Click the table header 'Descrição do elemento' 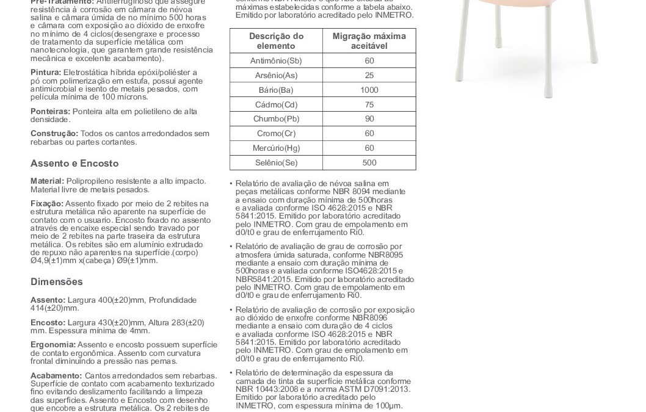point(276,41)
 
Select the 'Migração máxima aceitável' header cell point(369,41)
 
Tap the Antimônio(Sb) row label point(276,61)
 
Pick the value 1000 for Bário point(369,90)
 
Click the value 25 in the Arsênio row point(369,76)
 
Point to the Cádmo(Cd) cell point(276,104)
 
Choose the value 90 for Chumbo point(369,119)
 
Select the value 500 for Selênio point(369,162)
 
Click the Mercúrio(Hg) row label point(276,148)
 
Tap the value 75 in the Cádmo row point(369,104)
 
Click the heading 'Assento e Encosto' point(74,164)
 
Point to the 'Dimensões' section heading point(56,282)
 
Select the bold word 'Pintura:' point(45,73)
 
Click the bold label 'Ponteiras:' point(51,112)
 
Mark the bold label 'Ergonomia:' point(53,344)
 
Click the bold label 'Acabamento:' point(56,375)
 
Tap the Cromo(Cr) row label point(276,134)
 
